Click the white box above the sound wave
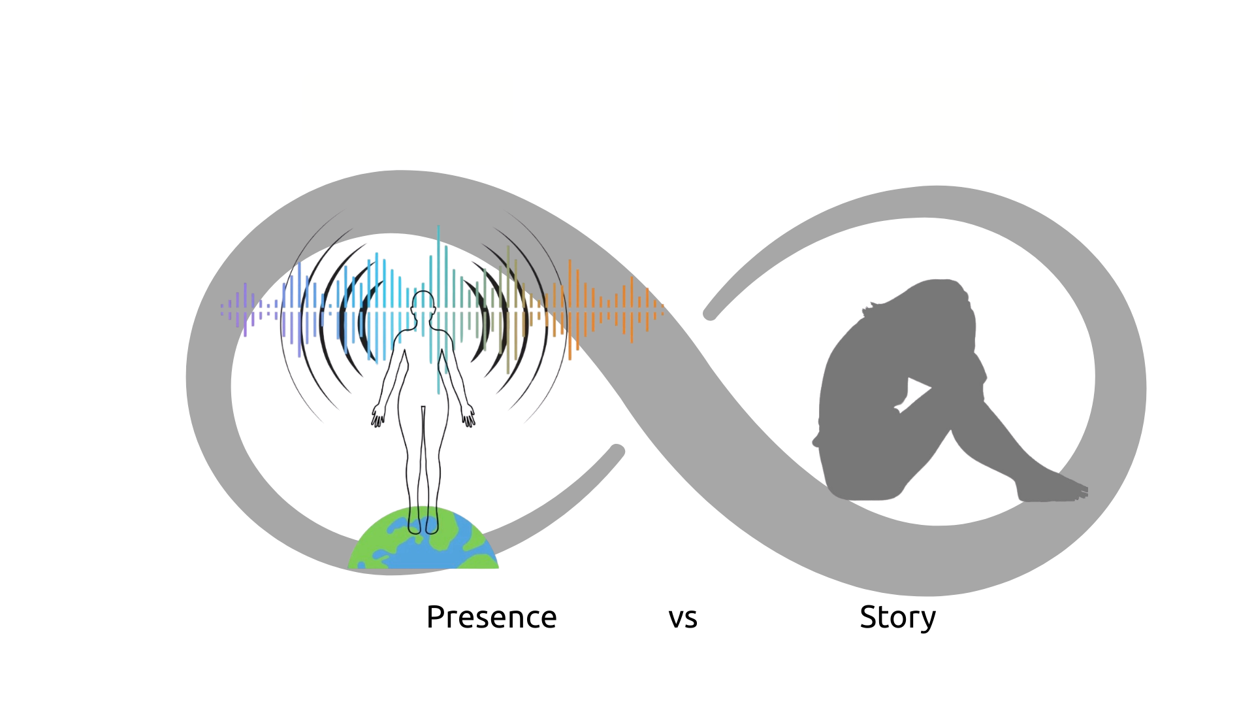pos(408,119)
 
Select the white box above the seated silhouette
pos(943,125)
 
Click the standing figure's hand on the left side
pos(377,416)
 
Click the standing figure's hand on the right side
pos(469,416)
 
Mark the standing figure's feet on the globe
pos(423,523)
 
